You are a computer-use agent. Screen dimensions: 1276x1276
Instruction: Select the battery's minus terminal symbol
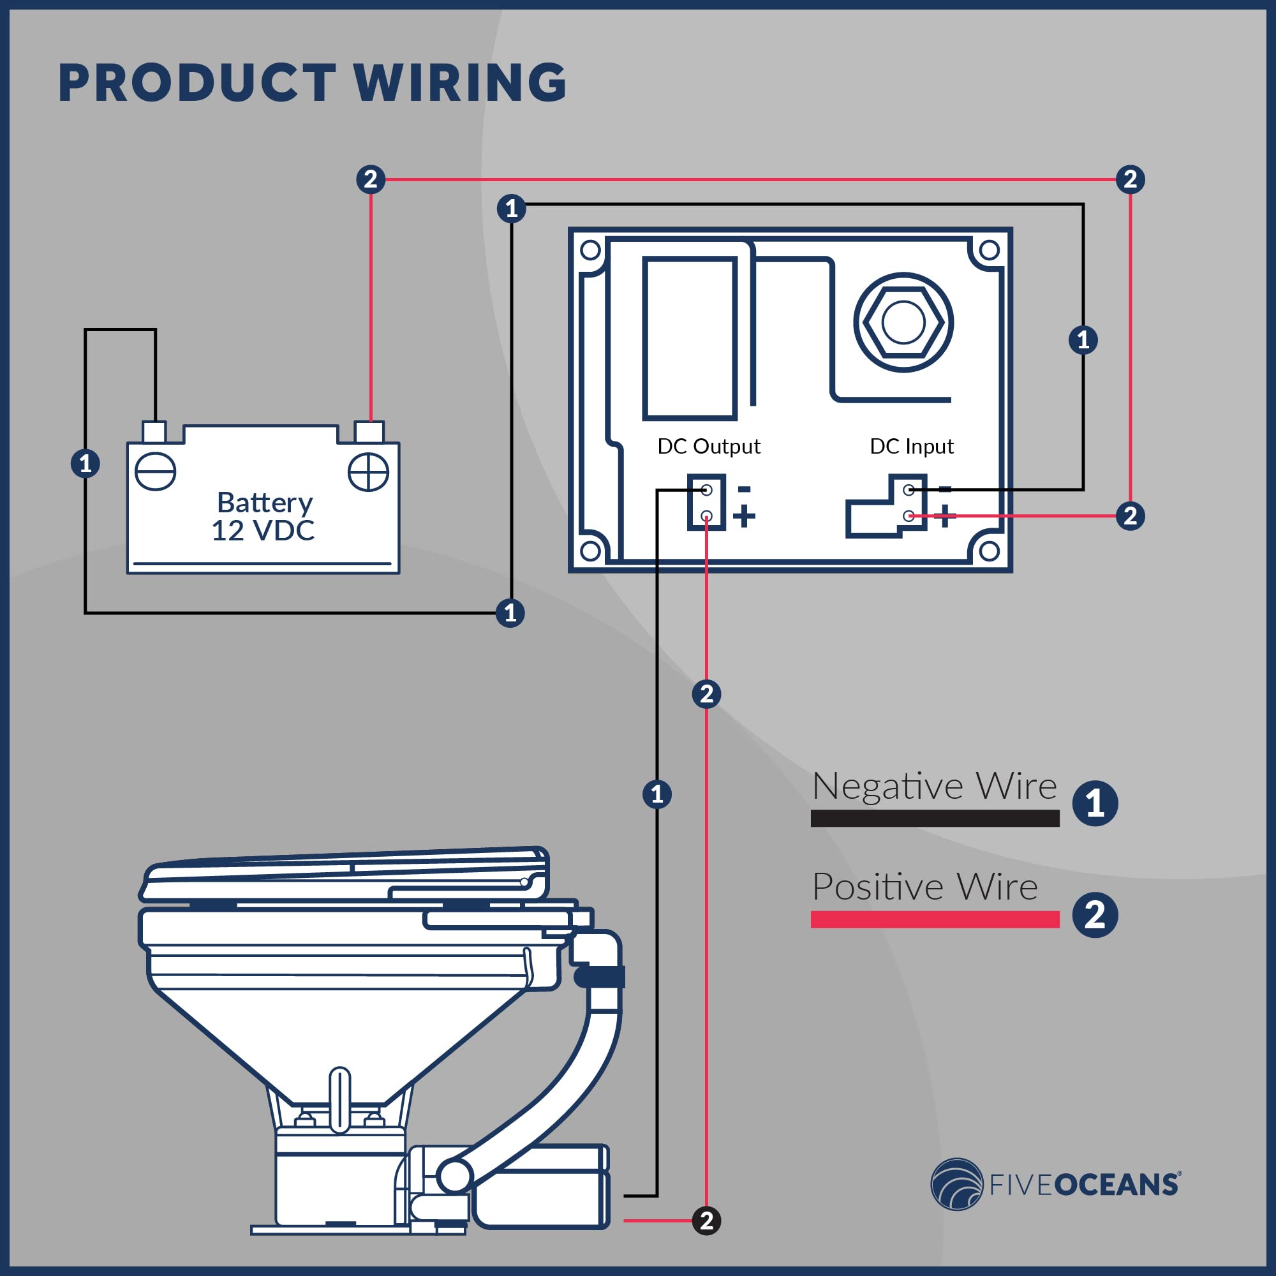coord(155,471)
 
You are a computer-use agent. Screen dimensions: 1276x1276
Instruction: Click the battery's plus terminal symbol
coord(368,471)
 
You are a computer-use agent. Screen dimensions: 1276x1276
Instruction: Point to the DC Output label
coord(709,447)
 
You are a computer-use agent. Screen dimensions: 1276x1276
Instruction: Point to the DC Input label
coord(912,447)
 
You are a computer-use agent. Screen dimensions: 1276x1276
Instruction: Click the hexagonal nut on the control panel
coord(903,323)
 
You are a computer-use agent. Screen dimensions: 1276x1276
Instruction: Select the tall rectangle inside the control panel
coord(690,338)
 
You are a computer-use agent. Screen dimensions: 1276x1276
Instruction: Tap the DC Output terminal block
coord(706,502)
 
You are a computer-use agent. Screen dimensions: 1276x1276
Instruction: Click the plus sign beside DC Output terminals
coord(745,516)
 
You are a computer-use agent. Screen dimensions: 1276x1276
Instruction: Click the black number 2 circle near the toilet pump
coord(706,1220)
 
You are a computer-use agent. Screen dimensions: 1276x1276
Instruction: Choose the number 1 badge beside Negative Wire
coord(1094,804)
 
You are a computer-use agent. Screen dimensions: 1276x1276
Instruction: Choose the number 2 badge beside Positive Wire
coord(1094,915)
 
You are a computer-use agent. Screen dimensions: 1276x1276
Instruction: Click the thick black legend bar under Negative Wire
coord(935,819)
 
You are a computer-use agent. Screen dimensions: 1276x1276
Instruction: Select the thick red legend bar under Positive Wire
coord(935,919)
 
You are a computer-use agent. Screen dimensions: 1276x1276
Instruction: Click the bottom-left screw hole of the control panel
coord(590,550)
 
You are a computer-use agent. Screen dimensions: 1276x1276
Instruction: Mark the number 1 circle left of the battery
coord(85,464)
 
